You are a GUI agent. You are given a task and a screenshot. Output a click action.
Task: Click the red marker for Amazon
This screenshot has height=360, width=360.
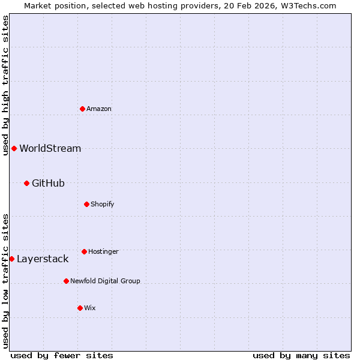82,109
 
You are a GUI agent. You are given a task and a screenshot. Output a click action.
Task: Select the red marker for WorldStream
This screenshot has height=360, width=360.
14,148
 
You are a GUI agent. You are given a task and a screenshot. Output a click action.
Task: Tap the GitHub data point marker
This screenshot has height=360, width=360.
26,183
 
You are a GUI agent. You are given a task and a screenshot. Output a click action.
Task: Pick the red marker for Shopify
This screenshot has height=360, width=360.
86,204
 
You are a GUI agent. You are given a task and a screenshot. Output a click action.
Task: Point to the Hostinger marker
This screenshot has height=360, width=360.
84,251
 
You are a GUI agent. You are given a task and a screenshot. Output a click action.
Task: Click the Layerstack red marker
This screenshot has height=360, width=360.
11,259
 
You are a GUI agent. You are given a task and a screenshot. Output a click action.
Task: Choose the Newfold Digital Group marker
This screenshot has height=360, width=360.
66,281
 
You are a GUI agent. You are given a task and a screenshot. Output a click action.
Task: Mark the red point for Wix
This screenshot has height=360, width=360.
80,308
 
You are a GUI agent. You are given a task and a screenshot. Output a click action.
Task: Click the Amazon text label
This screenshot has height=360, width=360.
99,109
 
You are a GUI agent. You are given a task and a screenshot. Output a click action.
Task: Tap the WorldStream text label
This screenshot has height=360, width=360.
50,148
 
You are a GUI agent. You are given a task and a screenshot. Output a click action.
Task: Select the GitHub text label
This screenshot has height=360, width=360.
48,183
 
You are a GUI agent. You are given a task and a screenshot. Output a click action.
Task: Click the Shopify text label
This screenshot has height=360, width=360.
103,204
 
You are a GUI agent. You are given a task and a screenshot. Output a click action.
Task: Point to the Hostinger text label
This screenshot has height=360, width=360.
103,251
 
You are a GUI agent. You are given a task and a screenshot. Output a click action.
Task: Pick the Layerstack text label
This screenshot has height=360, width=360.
43,259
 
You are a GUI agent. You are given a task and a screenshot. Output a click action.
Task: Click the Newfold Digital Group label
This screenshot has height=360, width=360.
105,281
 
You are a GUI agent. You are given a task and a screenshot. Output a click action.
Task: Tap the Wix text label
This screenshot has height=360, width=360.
90,308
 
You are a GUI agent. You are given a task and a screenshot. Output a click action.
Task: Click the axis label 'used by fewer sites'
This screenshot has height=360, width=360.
62,355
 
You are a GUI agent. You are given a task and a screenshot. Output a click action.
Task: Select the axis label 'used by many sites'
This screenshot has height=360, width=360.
301,355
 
